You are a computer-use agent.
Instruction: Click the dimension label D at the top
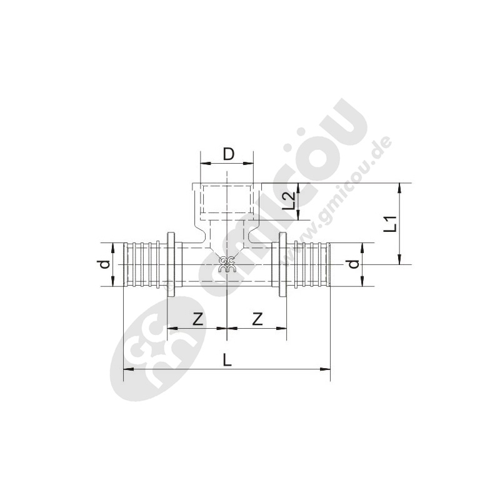tap(228, 154)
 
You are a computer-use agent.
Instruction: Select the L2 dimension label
tap(289, 201)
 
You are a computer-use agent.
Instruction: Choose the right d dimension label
tap(354, 264)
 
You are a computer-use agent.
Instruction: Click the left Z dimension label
tap(198, 319)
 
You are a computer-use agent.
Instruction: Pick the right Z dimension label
tap(257, 319)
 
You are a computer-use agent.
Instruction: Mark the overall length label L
tap(227, 361)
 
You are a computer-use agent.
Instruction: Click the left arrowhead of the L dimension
tap(128, 369)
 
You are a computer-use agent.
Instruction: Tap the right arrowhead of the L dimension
tap(326, 369)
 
